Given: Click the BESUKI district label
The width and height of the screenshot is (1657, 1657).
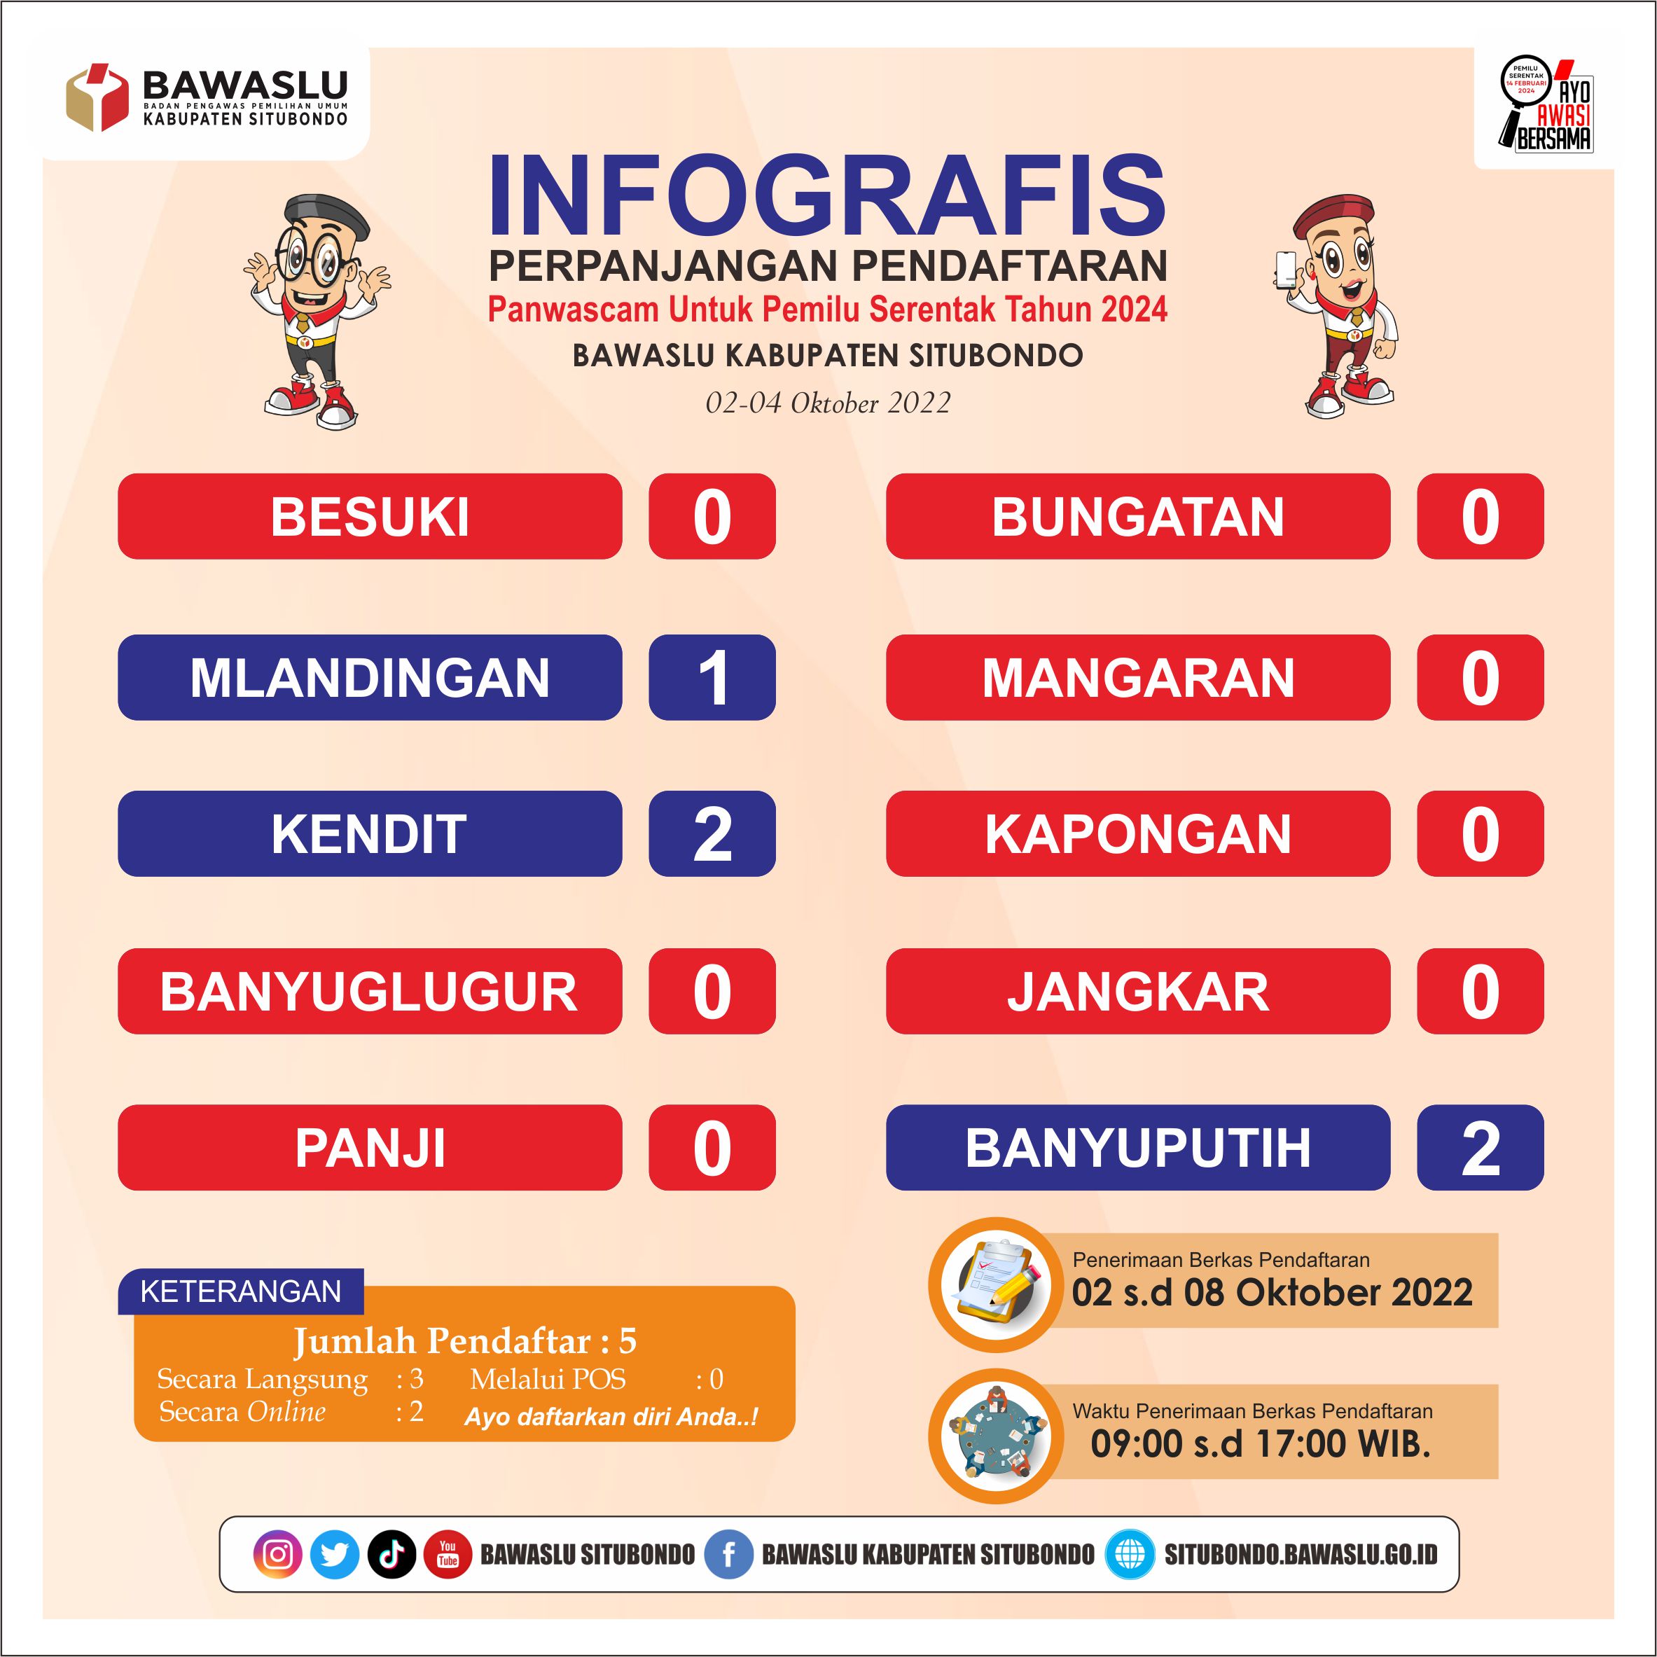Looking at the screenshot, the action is click(x=370, y=516).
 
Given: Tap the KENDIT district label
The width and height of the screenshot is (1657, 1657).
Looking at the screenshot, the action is click(x=370, y=833).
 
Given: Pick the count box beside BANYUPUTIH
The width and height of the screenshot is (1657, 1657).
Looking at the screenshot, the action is click(x=1481, y=1148).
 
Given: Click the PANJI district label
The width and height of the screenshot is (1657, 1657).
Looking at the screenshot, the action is click(x=370, y=1148).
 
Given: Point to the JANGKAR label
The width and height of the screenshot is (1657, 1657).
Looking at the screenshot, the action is click(x=1138, y=992).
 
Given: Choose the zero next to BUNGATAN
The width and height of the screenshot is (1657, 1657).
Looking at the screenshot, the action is click(x=1481, y=516).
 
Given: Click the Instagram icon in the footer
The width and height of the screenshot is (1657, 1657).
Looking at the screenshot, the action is click(x=278, y=1554).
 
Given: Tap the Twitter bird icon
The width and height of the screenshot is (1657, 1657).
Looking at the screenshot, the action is click(x=335, y=1554).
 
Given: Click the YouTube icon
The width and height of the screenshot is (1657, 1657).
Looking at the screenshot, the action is click(x=448, y=1554).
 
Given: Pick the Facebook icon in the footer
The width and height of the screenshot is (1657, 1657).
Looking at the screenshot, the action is click(x=728, y=1554).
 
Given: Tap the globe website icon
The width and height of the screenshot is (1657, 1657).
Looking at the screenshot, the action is click(x=1130, y=1554).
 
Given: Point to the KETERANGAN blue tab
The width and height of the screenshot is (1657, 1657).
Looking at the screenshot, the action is click(x=241, y=1291).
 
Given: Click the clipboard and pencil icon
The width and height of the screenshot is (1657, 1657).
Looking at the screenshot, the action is click(x=996, y=1285).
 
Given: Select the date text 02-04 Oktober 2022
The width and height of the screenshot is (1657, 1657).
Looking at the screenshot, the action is click(x=828, y=403).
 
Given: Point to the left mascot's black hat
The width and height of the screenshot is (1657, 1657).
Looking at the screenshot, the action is click(x=327, y=215).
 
